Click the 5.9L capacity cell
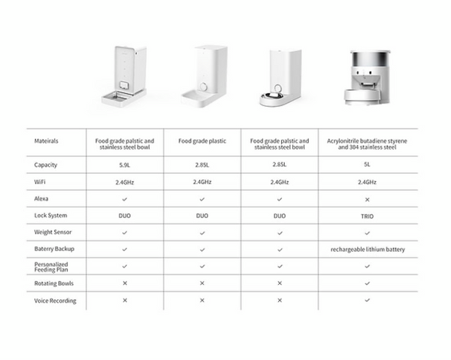point(125,165)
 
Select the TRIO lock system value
point(368,216)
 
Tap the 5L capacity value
point(368,165)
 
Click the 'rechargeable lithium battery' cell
point(368,249)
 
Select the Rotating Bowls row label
point(54,283)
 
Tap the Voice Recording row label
point(56,301)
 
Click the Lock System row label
point(50,216)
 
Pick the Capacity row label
point(47,165)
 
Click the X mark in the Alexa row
point(368,199)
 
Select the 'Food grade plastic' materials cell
point(202,141)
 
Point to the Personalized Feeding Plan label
point(51,265)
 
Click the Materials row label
point(47,141)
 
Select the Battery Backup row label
point(54,249)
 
